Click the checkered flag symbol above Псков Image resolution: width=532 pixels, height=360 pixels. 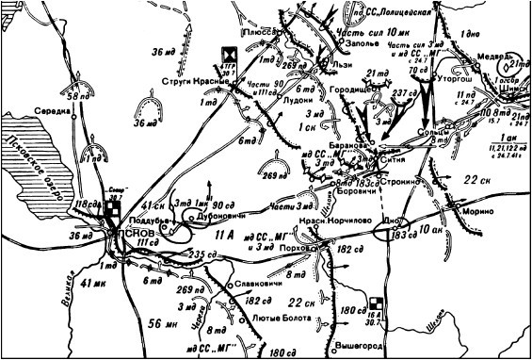pyautogui.click(x=113, y=210)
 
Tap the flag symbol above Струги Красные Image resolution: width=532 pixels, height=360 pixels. pyautogui.click(x=228, y=55)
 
